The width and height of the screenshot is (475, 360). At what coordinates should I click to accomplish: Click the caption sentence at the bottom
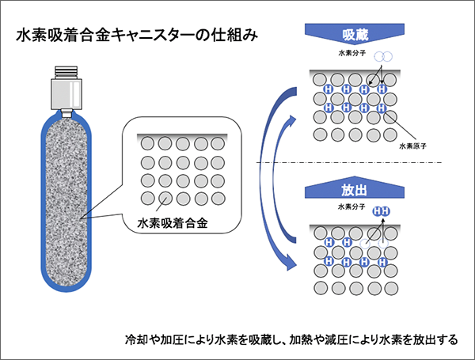coord(291,341)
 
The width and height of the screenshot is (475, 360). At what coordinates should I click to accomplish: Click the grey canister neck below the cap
coord(66,101)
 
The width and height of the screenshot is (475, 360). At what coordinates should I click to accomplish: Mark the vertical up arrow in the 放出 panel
coord(384,231)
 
